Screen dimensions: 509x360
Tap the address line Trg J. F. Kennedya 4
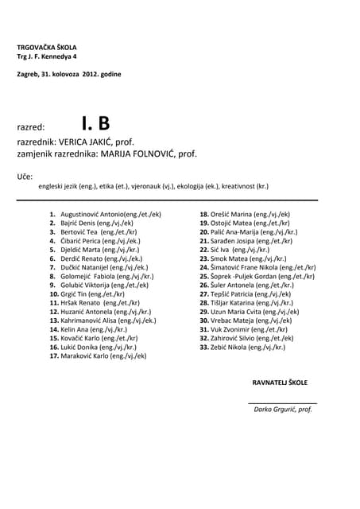point(48,57)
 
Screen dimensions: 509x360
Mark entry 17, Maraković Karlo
point(103,356)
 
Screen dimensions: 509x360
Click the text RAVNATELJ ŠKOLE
point(280,383)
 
